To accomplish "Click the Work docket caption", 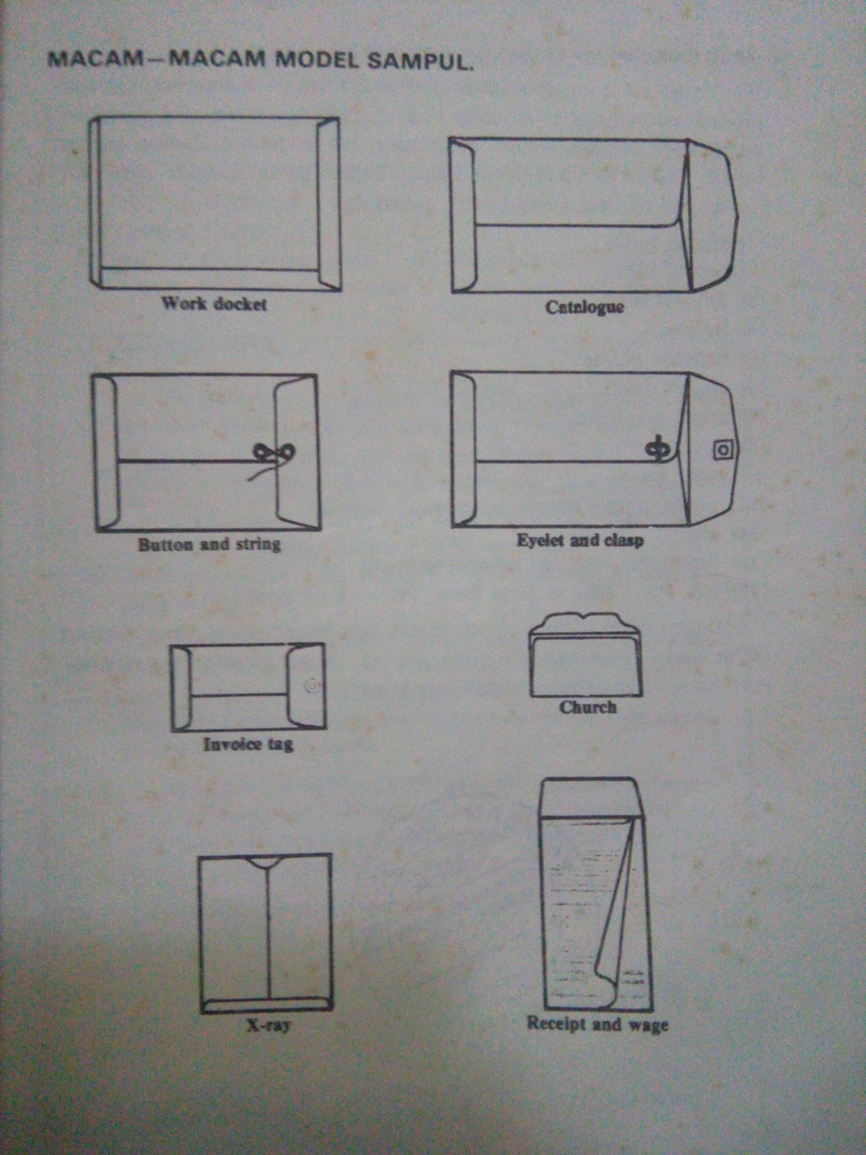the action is (214, 304).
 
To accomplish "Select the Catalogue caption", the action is (584, 307).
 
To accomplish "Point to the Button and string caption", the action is (209, 544).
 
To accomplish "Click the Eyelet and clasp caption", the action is (580, 541).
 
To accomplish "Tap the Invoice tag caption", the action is (248, 744).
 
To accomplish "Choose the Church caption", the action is (587, 707).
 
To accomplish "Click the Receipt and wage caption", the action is (598, 1024).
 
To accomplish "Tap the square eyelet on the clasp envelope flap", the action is (723, 450).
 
